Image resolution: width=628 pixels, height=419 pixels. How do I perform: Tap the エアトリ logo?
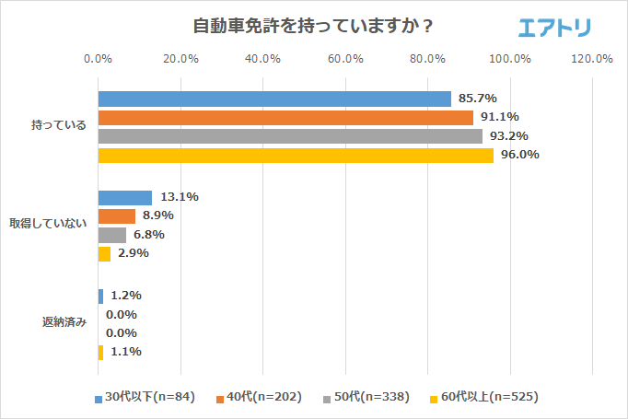[555, 28]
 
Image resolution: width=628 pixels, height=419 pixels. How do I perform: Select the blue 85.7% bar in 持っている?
[274, 99]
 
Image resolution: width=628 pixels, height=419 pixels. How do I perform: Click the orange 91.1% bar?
[285, 117]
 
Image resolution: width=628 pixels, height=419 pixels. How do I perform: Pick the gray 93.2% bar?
[290, 136]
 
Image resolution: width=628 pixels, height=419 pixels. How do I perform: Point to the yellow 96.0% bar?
[296, 155]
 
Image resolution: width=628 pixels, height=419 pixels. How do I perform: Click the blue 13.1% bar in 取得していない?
[125, 197]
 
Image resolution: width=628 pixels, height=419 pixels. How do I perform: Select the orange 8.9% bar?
[117, 215]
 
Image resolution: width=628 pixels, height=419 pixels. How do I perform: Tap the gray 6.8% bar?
[112, 235]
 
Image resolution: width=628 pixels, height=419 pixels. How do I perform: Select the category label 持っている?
[59, 126]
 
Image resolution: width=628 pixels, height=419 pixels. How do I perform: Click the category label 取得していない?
[48, 224]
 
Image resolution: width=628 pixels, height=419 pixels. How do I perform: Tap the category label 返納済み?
[64, 323]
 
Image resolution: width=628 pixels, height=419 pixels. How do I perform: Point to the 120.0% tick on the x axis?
[592, 60]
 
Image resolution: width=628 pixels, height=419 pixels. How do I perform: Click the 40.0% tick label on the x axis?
[263, 60]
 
